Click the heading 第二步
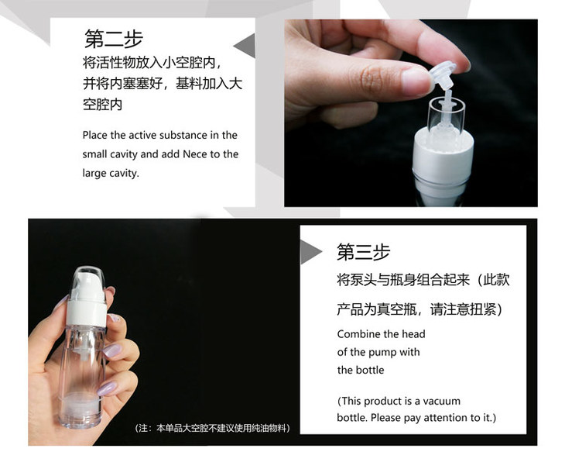coord(114,39)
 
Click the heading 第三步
coord(363,252)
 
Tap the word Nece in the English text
coord(194,154)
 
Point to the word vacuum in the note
coord(441,401)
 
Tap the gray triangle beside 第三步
coord(311,252)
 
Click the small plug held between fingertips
coord(442,78)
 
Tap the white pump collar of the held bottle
coord(87,313)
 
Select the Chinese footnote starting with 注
coord(212,428)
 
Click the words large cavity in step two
coord(110,174)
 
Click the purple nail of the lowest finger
coord(106,389)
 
